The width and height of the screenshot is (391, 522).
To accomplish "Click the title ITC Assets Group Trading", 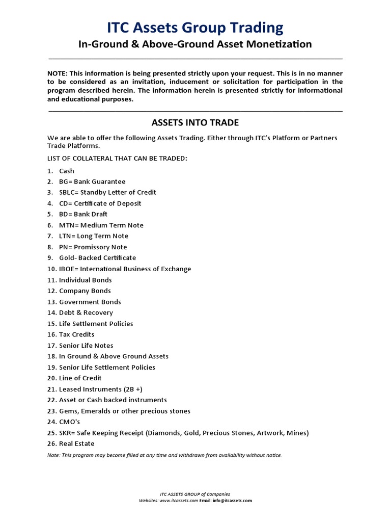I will (195, 27).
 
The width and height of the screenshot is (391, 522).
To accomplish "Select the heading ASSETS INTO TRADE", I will (195, 122).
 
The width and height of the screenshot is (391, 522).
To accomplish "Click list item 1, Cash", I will (67, 171).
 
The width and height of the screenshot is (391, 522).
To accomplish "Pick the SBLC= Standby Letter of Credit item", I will (107, 192).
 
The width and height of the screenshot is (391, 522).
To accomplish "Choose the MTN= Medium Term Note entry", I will (101, 225).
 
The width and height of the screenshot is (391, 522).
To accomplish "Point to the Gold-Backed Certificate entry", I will (98, 257).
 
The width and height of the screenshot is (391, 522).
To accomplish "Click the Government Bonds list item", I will (90, 302).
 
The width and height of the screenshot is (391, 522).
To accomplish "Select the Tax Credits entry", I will (76, 334).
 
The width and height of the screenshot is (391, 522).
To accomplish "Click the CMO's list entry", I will (70, 422).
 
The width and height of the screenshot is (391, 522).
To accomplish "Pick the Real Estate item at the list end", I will (77, 443).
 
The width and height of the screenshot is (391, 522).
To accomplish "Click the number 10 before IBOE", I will (51, 269).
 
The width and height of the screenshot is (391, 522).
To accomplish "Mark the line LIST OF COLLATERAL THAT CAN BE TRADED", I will (117, 159).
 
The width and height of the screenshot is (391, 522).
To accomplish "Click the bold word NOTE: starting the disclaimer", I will (58, 73).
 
